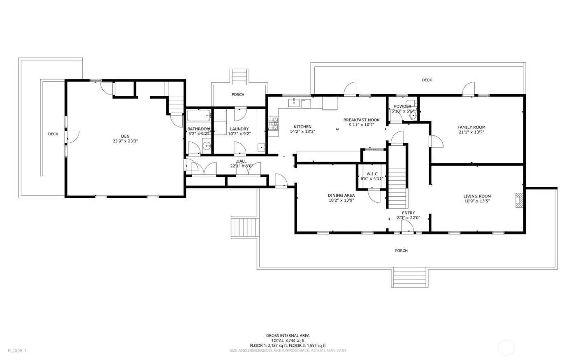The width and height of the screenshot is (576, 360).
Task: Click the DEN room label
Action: (x=125, y=136)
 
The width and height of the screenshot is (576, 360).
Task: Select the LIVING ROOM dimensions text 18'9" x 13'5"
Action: (x=477, y=201)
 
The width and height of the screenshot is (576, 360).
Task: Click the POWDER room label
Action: (x=402, y=107)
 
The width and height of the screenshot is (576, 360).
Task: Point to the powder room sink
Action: (x=413, y=116)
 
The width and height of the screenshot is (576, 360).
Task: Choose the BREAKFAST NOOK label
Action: (x=361, y=120)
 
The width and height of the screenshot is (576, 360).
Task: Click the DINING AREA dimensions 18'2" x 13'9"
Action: (x=341, y=200)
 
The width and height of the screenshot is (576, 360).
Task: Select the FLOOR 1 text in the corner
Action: (x=17, y=351)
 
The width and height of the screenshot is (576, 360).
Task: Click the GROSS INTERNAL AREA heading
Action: (x=288, y=336)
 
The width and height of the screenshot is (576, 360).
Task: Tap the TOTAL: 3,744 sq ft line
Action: (x=288, y=341)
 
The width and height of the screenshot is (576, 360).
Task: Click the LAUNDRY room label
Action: (x=239, y=129)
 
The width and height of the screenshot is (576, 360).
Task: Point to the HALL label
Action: (x=242, y=161)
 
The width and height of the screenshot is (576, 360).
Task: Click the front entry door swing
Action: (x=407, y=225)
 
